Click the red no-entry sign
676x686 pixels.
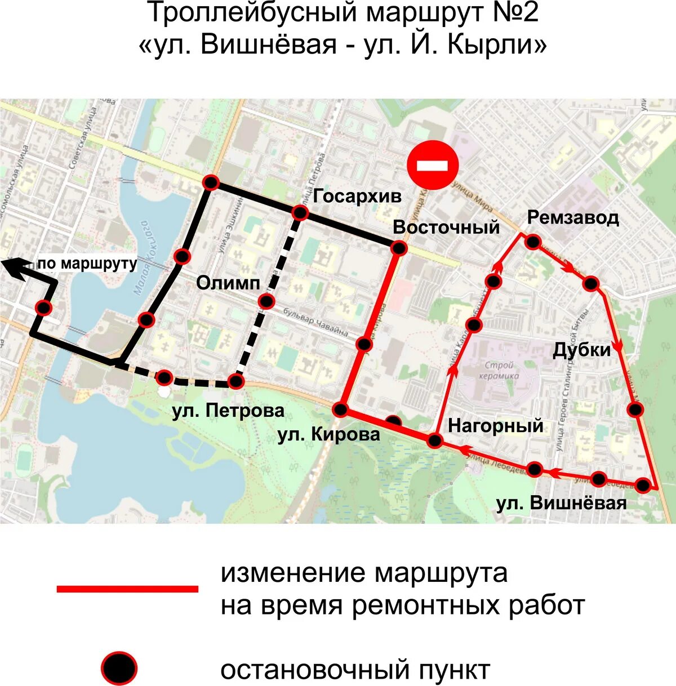(x=433, y=165)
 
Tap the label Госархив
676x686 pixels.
(x=358, y=196)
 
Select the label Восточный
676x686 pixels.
(x=446, y=227)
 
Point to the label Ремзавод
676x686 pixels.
(x=573, y=217)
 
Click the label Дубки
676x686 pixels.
(x=581, y=350)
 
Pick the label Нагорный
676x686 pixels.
(x=496, y=425)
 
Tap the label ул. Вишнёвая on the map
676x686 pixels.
(x=561, y=502)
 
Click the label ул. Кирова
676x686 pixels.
(x=328, y=434)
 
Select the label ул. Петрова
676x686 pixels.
(x=228, y=411)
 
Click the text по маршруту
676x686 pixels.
(x=88, y=264)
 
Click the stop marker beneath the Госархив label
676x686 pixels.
(x=300, y=213)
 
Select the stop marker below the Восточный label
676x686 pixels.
(x=398, y=248)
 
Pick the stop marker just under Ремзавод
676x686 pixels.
(x=533, y=242)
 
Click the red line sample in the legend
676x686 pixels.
(x=127, y=589)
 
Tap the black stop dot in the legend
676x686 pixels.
(x=119, y=669)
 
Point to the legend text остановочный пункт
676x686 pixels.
(x=355, y=670)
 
